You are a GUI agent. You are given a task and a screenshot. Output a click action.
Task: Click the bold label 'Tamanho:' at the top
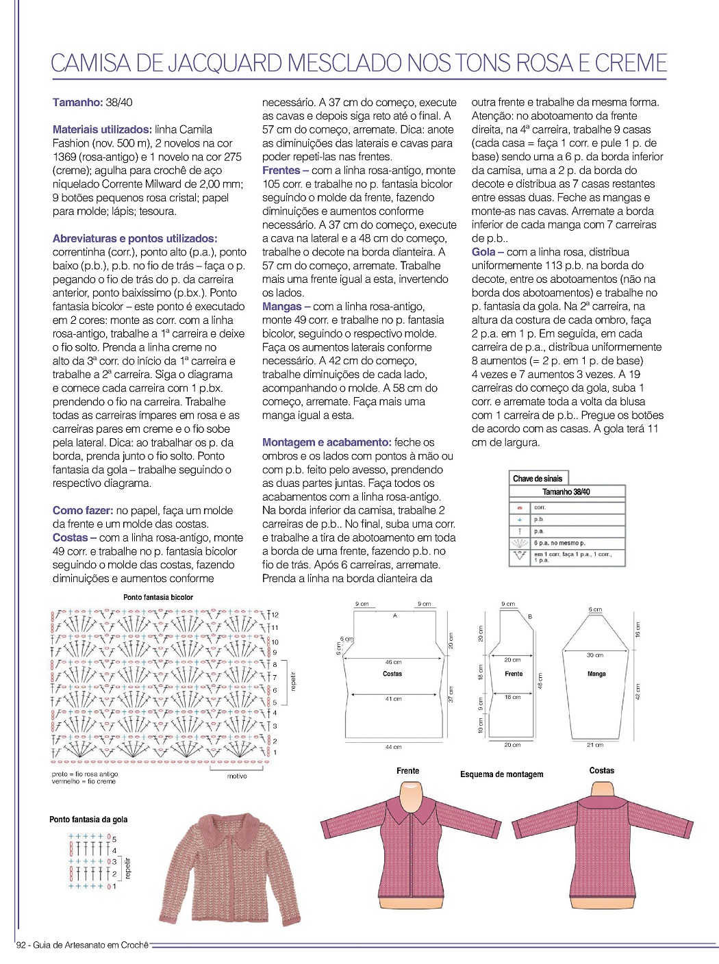click(77, 102)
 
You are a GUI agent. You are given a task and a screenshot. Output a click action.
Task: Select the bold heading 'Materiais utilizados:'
click(102, 129)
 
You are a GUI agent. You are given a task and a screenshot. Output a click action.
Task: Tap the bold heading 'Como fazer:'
click(83, 510)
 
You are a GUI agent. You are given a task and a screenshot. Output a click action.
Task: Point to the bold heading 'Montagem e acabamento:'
click(327, 442)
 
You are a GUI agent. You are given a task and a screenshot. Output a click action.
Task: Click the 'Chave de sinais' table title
click(538, 479)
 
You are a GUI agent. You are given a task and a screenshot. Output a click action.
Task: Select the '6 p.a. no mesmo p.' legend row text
click(559, 543)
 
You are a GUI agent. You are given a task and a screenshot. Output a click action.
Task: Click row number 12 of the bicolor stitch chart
click(275, 615)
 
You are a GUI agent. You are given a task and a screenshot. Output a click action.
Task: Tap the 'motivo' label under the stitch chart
click(237, 776)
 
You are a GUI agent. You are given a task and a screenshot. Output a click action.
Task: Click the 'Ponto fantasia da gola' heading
click(88, 820)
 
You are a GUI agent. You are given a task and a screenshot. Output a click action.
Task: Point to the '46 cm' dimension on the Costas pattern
click(393, 662)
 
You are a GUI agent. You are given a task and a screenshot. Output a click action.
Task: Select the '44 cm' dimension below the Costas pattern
click(393, 746)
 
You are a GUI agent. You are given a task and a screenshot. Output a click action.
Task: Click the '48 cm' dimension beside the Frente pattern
click(540, 681)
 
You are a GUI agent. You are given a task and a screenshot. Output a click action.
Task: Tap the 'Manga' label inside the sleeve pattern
click(596, 674)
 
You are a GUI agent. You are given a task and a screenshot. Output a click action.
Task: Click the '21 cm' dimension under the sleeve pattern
click(595, 744)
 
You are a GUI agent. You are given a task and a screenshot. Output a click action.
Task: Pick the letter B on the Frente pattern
click(529, 617)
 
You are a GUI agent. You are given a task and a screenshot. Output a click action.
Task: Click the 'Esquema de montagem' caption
click(502, 774)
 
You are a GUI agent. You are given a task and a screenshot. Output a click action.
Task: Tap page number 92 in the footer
click(21, 945)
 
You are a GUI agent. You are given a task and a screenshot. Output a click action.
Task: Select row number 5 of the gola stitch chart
click(114, 839)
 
